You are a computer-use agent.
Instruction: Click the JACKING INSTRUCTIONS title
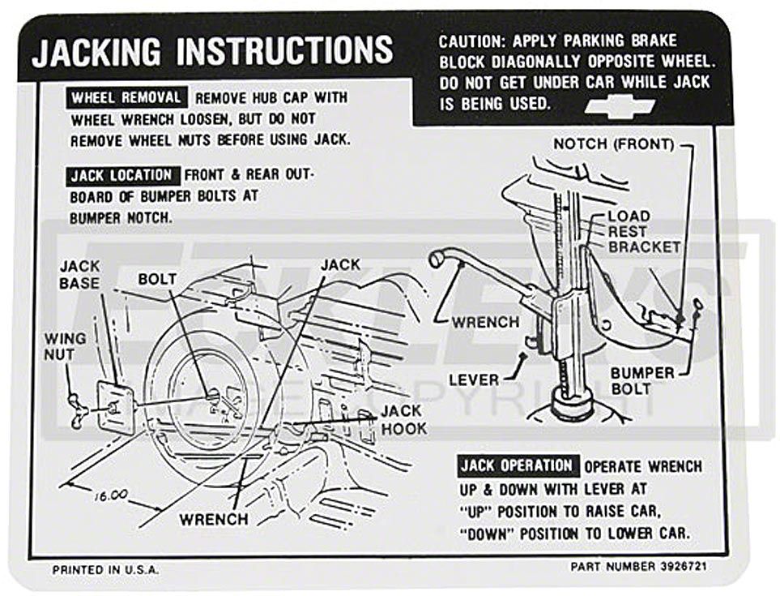tap(212, 52)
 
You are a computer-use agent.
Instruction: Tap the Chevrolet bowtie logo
tap(620, 105)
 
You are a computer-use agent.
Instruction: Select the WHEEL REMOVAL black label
tap(126, 98)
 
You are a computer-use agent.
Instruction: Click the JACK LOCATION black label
tap(121, 175)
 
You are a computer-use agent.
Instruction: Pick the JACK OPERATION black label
tap(517, 465)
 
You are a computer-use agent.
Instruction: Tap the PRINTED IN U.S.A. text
tap(105, 569)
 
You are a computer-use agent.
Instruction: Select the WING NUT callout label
tap(60, 346)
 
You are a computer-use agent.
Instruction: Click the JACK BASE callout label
tap(80, 274)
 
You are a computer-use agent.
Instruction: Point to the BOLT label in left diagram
tap(157, 279)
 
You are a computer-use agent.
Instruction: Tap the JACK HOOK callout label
tap(403, 419)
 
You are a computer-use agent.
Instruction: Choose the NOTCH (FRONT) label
tap(613, 144)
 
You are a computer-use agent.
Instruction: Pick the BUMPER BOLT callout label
tap(642, 380)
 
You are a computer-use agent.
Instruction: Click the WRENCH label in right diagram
tap(486, 322)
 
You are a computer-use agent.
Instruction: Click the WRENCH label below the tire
tap(214, 518)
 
